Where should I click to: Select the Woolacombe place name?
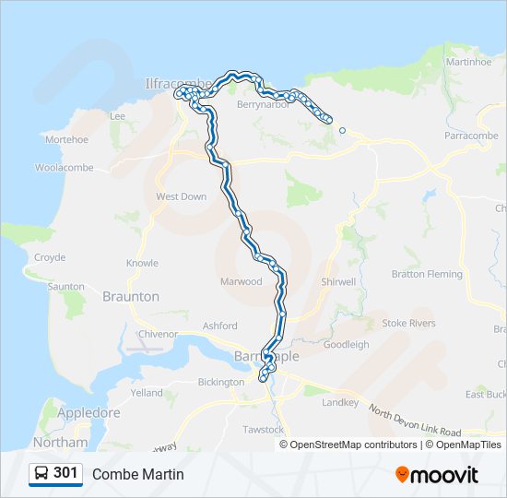(63, 168)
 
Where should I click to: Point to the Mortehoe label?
(66, 139)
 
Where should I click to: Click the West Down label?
(182, 196)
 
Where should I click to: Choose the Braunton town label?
(131, 297)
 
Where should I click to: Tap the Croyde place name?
(50, 258)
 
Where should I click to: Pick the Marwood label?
(241, 282)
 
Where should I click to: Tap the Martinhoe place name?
(468, 62)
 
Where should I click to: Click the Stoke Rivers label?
(408, 324)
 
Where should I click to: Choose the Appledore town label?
(88, 413)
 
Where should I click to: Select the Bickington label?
(220, 381)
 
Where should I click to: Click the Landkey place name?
(339, 403)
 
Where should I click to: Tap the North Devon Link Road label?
(414, 421)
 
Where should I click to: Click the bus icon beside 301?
(41, 473)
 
